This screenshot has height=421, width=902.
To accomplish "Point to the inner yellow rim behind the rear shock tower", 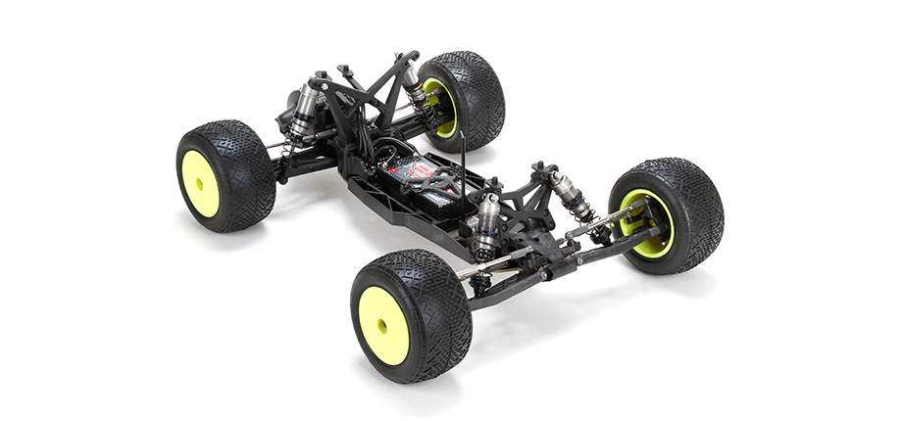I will click(x=442, y=108).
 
